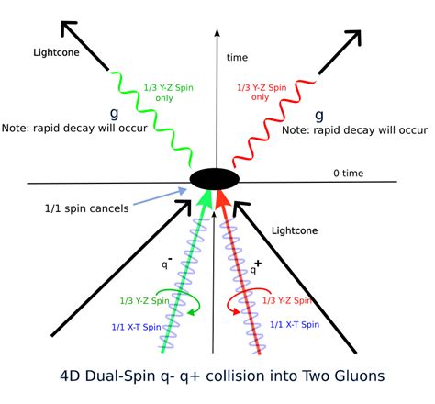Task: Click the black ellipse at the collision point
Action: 215,177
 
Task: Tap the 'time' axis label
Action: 238,57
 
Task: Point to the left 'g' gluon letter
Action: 116,113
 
